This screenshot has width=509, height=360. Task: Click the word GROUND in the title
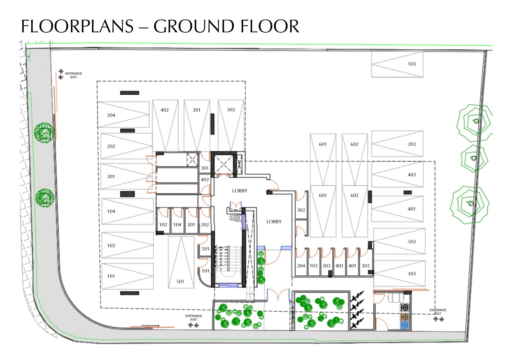click(194, 26)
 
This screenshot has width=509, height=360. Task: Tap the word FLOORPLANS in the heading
click(77, 26)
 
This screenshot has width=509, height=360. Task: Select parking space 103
click(397, 64)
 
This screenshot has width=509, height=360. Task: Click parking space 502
click(399, 241)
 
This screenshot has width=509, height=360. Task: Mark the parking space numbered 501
click(181, 262)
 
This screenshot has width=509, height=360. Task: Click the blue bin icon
click(404, 325)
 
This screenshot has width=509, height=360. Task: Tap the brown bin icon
click(404, 317)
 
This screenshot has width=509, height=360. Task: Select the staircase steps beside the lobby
click(228, 259)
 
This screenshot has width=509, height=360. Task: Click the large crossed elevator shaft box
click(224, 165)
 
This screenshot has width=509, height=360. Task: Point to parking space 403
click(397, 174)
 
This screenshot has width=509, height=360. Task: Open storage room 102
click(163, 221)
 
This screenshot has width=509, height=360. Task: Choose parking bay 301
click(197, 126)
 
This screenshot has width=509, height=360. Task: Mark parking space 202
click(126, 146)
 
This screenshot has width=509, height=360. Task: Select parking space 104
click(128, 211)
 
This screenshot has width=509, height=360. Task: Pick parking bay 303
click(399, 273)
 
